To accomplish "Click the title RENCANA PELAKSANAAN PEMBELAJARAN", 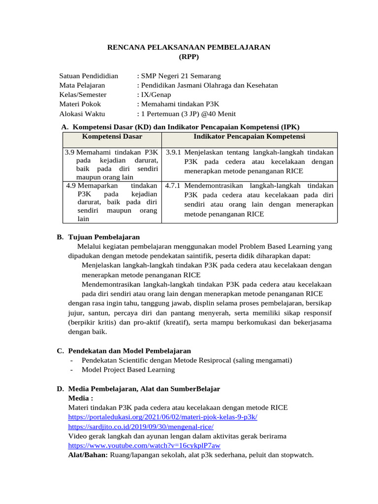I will click(x=189, y=47).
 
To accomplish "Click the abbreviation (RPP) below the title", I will click(x=189, y=57).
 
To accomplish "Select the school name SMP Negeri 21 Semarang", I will click(x=181, y=76).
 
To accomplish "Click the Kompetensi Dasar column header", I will click(x=112, y=136).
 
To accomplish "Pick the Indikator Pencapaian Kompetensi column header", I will click(x=250, y=136).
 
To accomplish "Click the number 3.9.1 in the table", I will click(x=174, y=152).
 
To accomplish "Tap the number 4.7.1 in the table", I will click(x=174, y=186).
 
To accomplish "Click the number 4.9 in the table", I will click(x=71, y=186).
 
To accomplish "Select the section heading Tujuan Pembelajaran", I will click(x=104, y=237).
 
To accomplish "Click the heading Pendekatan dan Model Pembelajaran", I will click(x=129, y=351).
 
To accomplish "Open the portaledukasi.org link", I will click(x=162, y=417).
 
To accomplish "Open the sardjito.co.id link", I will click(x=141, y=426).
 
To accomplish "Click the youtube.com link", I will click(x=144, y=445).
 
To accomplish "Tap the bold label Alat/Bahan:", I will click(x=88, y=455).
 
